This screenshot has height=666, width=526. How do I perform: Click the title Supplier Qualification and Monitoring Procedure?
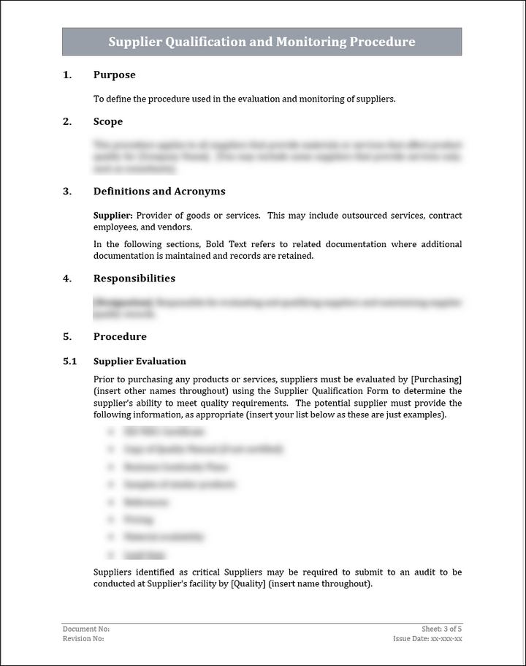pos(262,42)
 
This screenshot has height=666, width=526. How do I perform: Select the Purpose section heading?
pos(114,75)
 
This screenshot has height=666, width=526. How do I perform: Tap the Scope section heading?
pos(108,121)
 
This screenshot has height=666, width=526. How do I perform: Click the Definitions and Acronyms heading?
pos(159,192)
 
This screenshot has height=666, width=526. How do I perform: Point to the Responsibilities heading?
pos(134,279)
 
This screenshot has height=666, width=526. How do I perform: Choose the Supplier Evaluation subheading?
pos(140,361)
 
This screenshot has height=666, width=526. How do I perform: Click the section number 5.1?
pos(69,361)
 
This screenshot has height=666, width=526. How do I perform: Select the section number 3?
pos(67,192)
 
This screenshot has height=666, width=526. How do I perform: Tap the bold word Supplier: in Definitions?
pos(113,216)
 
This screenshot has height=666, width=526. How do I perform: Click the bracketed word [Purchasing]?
pos(436,379)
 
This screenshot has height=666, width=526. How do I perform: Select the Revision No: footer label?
pos(83,639)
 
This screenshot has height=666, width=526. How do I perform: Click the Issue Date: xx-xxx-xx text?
pos(427,639)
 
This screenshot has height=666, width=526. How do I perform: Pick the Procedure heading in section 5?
pos(120,337)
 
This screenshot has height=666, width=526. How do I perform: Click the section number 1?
pos(67,75)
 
